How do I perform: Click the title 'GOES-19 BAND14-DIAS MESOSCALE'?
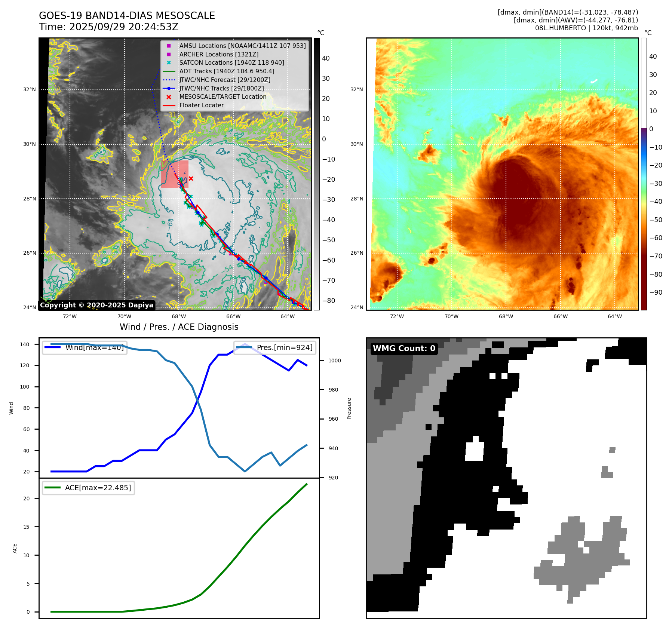coord(127,16)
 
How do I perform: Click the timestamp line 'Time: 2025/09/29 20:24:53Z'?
coord(108,27)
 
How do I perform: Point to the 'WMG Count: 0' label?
coord(404,348)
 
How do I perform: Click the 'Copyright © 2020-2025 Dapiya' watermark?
coord(96,305)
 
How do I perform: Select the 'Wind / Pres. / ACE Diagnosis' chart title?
coord(179,327)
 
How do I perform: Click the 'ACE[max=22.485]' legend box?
coord(88,488)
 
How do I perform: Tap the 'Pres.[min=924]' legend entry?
coord(274,347)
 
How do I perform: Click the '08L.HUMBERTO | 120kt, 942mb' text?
coord(586,28)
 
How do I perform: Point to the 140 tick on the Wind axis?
coord(25,344)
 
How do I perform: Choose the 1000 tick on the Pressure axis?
coord(334,361)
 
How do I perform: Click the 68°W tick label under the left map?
coord(179,316)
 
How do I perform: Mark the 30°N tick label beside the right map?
coord(356,144)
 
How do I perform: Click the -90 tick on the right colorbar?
coord(656,292)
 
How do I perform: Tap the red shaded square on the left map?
coord(175,174)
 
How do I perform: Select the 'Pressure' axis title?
coord(349,408)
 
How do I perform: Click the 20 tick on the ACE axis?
coord(27,498)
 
